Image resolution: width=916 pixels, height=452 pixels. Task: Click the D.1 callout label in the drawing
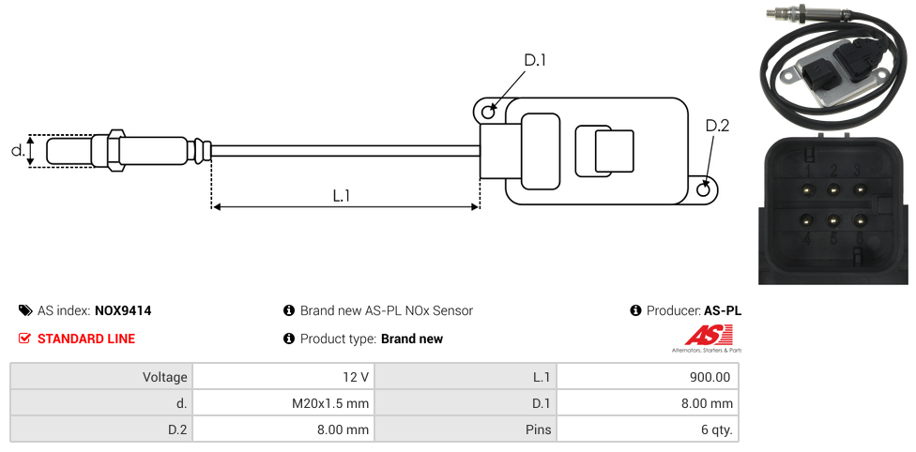(x=535, y=61)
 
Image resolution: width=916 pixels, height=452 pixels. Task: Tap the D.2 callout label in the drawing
(x=717, y=127)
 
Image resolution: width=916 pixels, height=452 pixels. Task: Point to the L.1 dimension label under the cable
(x=342, y=196)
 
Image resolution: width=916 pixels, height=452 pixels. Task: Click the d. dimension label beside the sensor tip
(x=17, y=150)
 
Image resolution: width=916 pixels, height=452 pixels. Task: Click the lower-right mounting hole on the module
(x=704, y=190)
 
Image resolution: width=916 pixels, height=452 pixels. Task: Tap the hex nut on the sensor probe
(x=116, y=150)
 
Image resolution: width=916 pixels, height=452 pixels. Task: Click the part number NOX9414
(x=123, y=310)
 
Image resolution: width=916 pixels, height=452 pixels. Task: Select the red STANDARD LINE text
(x=86, y=339)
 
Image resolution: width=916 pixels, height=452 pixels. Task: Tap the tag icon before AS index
(x=25, y=310)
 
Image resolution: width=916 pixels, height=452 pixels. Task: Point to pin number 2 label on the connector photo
(x=832, y=171)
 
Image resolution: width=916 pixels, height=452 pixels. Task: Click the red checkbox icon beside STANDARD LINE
(x=25, y=339)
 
